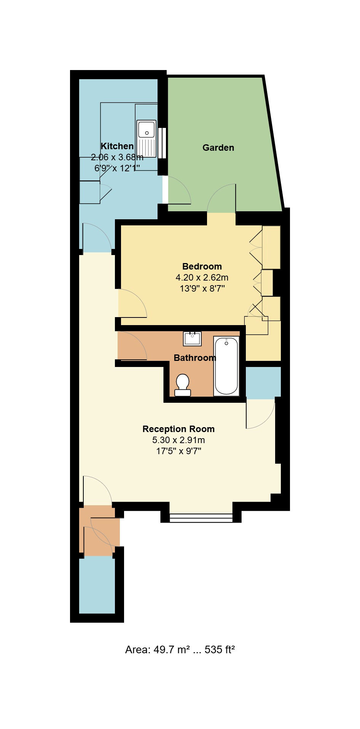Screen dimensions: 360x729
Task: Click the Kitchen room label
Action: point(117,146)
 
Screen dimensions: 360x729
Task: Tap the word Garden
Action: point(218,148)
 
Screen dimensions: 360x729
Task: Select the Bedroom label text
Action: point(202,266)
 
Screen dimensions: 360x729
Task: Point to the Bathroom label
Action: point(195,358)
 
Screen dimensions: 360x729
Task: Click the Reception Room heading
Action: point(178,429)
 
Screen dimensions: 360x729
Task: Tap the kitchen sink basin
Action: point(147,129)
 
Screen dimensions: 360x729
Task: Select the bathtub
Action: point(226,366)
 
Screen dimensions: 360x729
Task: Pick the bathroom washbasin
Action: point(193,338)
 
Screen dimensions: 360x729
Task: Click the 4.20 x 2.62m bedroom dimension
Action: point(202,278)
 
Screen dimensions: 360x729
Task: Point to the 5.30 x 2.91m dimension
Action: point(178,440)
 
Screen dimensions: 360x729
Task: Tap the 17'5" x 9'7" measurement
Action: point(178,451)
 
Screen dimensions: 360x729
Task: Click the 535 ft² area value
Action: point(220,649)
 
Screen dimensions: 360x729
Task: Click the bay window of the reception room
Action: point(201,517)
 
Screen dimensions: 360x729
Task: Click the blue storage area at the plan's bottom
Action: point(97,586)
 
